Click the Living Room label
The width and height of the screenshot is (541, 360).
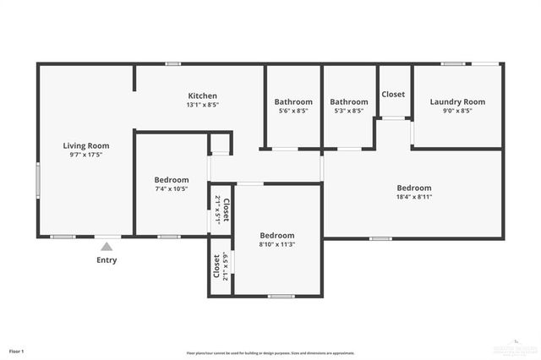(86, 145)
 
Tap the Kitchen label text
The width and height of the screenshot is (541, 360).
(203, 95)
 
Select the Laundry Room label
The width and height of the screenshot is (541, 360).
(457, 101)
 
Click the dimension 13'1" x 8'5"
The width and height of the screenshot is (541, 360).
(203, 106)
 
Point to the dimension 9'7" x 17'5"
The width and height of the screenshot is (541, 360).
(86, 155)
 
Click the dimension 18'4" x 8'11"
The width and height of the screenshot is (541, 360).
(414, 198)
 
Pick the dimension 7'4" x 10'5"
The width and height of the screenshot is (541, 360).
(172, 189)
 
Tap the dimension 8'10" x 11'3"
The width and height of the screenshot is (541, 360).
(276, 245)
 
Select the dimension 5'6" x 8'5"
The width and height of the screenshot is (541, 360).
(293, 111)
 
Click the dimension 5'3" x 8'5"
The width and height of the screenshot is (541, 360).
(349, 111)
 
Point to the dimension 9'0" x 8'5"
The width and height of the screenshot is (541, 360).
(457, 111)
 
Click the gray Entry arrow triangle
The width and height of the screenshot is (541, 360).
(107, 247)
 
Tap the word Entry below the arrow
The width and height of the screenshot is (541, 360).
(107, 260)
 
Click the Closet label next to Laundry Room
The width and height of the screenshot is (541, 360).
(393, 95)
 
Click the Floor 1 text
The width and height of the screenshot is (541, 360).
(17, 351)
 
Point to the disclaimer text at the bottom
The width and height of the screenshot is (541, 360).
(270, 353)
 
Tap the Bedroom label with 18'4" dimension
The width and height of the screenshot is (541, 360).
(414, 188)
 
